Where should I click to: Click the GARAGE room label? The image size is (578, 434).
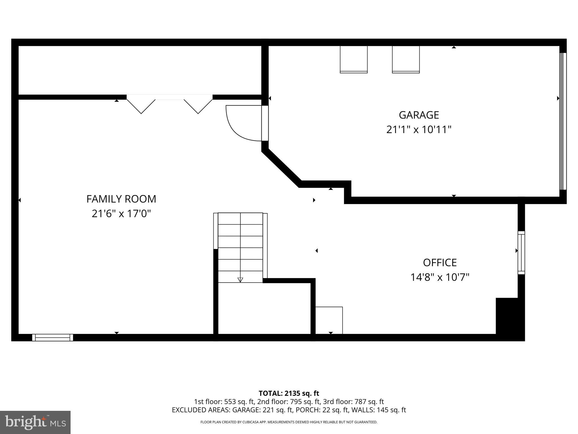tap(419, 115)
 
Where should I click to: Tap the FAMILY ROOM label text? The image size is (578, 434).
tap(121, 199)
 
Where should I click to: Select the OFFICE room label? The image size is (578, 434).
tap(440, 263)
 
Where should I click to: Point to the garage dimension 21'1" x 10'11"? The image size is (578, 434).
tap(419, 130)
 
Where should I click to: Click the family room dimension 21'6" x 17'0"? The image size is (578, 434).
tap(121, 214)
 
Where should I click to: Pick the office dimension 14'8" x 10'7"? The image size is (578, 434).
tap(440, 277)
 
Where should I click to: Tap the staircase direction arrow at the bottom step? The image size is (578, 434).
tap(240, 280)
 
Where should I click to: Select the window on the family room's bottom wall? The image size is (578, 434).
tap(52, 337)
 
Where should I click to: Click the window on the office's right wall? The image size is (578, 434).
tap(521, 253)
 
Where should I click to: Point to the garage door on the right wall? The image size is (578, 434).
tap(563, 121)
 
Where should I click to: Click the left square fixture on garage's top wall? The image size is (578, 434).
tap(354, 59)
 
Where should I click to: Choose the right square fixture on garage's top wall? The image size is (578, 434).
tap(406, 59)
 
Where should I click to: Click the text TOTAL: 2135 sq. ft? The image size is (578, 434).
tap(289, 393)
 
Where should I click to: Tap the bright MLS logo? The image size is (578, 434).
tap(35, 422)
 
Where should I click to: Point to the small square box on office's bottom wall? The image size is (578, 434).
tap(329, 320)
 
